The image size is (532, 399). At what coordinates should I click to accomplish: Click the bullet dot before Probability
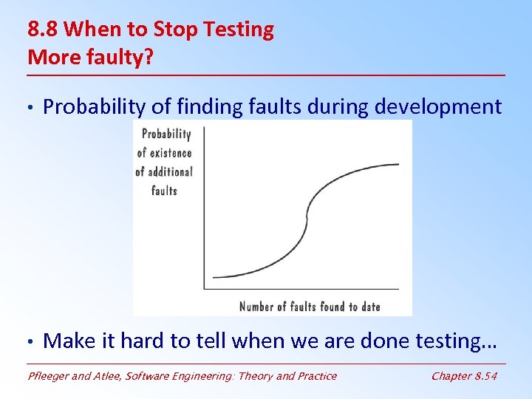point(30,108)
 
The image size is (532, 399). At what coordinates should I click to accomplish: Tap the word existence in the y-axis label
point(170,153)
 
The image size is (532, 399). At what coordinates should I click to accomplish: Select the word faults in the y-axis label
point(164,191)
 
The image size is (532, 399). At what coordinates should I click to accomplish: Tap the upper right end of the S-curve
point(398,165)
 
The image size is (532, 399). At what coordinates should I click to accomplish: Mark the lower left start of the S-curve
point(214,277)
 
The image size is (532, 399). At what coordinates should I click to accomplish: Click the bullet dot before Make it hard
point(30,341)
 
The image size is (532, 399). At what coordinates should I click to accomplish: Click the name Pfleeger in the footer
point(52,376)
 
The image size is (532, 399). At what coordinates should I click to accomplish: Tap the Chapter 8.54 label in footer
point(464,376)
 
